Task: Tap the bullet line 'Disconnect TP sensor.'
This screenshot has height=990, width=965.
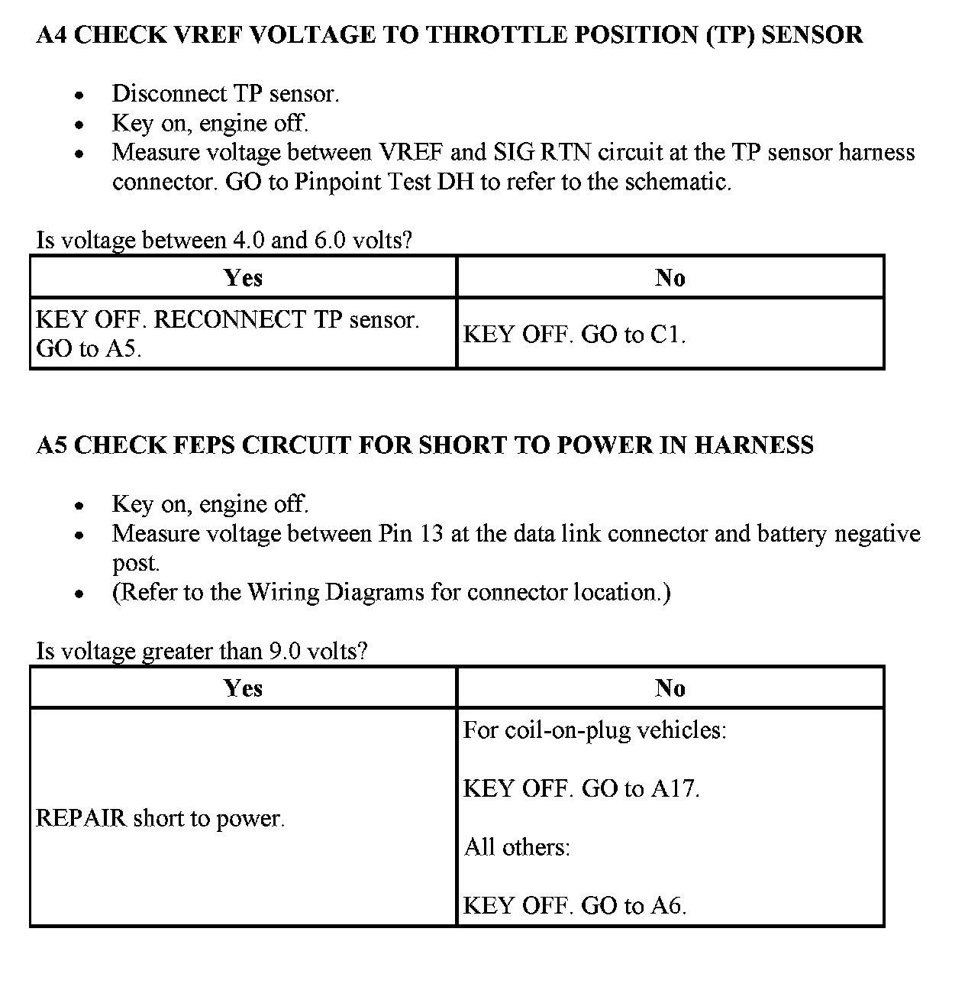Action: tap(225, 94)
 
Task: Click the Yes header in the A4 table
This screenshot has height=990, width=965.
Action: tap(244, 277)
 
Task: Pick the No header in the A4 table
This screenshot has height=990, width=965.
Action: tap(670, 277)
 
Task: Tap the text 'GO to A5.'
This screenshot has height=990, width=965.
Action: tap(89, 349)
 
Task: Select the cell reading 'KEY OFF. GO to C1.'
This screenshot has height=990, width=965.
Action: tap(574, 335)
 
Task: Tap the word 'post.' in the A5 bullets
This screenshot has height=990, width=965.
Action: tap(136, 563)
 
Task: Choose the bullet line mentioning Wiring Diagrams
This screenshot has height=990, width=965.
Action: tap(391, 593)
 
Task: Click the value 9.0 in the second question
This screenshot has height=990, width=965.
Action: tap(287, 652)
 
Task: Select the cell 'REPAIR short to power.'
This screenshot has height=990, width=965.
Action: tap(160, 818)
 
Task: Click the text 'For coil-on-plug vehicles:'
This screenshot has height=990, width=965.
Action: tap(595, 730)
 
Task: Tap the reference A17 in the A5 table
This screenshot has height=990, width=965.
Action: tap(675, 788)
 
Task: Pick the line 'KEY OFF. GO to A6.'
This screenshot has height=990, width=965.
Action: tap(575, 906)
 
